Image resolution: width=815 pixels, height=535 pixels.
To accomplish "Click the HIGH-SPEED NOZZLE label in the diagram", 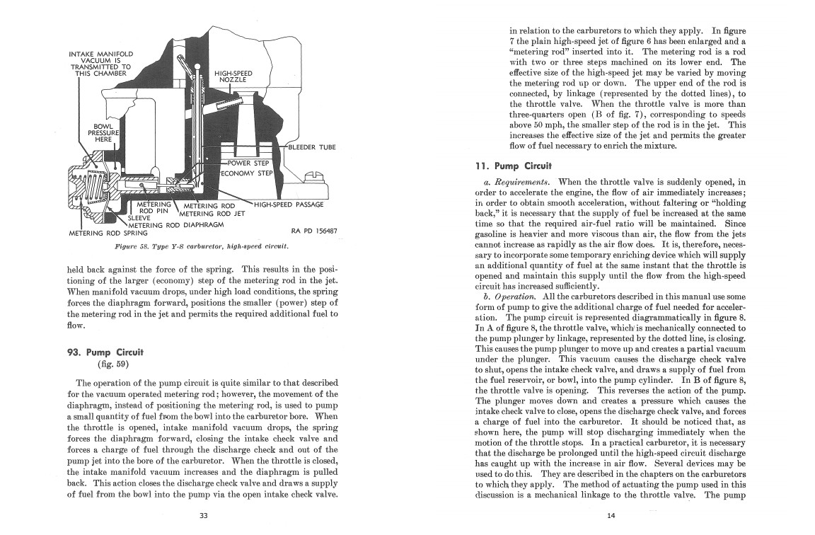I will coord(233,76).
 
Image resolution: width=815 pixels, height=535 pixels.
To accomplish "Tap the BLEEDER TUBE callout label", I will coord(312,147).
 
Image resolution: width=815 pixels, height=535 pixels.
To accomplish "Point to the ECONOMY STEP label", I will coord(247,173).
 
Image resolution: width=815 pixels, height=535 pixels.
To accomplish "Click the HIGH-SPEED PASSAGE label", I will coord(289,205).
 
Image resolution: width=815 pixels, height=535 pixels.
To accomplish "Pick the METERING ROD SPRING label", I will coord(108,232).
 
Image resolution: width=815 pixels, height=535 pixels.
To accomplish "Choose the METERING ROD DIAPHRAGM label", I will coord(183,225).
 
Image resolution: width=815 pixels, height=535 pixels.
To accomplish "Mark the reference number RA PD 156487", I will coord(313,231).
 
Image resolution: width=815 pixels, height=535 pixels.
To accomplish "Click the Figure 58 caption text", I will coord(202,247).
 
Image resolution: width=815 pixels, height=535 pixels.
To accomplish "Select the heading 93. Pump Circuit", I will coord(105,352).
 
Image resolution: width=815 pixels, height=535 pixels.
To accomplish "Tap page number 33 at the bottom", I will coord(203,515).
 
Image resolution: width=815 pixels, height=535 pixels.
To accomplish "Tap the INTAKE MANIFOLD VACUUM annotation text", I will coord(101,63).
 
